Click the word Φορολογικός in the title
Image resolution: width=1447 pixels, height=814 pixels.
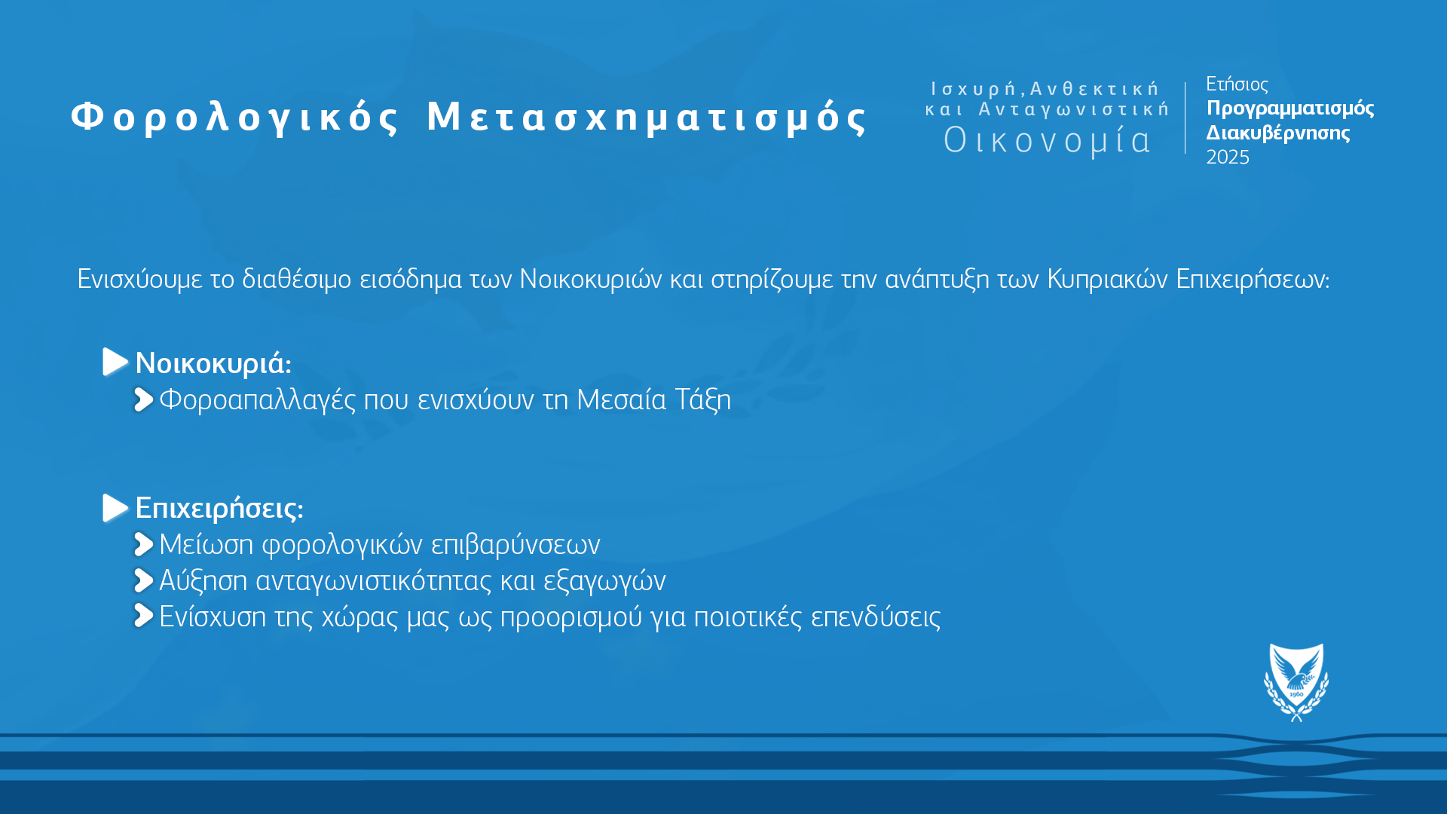pyautogui.click(x=235, y=118)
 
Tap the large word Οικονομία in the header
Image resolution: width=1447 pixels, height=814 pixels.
pyautogui.click(x=1048, y=140)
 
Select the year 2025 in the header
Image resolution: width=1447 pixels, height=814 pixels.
pyautogui.click(x=1228, y=157)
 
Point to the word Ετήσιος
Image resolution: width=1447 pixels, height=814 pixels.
pyautogui.click(x=1237, y=84)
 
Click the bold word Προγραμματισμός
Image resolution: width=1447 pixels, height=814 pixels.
pyautogui.click(x=1290, y=109)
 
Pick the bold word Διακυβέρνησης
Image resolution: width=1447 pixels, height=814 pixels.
pyautogui.click(x=1278, y=133)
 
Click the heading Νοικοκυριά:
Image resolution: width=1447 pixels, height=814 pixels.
pyautogui.click(x=213, y=363)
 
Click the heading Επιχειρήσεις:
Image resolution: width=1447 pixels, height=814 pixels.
pyautogui.click(x=219, y=509)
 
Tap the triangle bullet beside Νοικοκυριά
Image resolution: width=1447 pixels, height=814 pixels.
pyautogui.click(x=115, y=362)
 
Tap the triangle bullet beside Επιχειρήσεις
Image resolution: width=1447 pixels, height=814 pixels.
pyautogui.click(x=115, y=508)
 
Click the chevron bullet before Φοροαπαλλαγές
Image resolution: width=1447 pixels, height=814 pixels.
pyautogui.click(x=143, y=399)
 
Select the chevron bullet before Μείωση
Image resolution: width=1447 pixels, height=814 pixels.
pyautogui.click(x=143, y=544)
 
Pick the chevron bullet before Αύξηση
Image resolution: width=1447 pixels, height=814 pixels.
pyautogui.click(x=143, y=580)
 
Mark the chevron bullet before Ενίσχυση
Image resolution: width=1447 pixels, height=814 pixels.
pyautogui.click(x=143, y=616)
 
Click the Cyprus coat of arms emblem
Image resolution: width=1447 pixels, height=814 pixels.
pyautogui.click(x=1296, y=682)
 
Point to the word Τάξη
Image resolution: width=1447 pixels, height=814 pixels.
pyautogui.click(x=702, y=399)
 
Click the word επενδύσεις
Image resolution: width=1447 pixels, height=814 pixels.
pyautogui.click(x=876, y=617)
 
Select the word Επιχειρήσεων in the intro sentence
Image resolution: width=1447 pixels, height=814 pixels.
pyautogui.click(x=1253, y=280)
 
